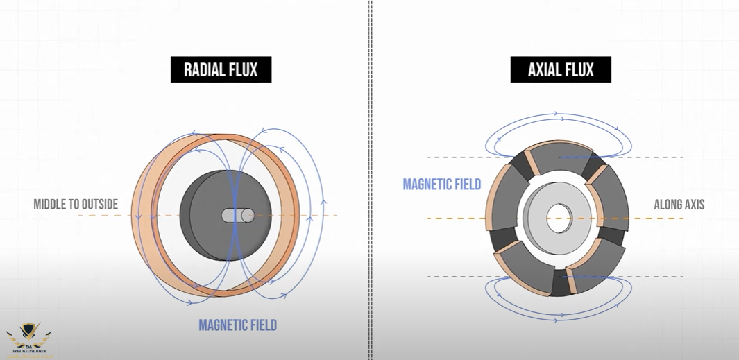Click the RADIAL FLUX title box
[221, 69]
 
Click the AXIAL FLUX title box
[560, 69]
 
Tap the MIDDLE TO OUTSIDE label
[76, 205]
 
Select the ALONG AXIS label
[679, 205]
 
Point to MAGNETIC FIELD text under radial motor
[237, 325]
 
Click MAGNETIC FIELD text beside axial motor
[442, 184]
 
